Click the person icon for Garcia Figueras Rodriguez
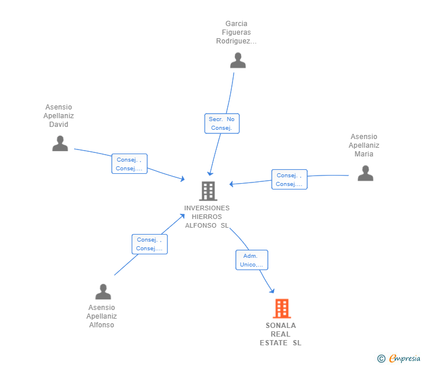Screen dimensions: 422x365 pos(238,60)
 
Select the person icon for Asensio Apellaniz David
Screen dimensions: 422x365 pos(60,143)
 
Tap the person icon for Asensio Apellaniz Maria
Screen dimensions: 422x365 pos(365,173)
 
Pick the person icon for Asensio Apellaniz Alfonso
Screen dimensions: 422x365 pos(103,291)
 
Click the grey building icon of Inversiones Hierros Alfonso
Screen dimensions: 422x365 pos(208,191)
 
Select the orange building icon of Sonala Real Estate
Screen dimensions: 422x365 pos(282,309)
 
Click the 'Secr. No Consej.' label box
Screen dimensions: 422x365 pos(222,123)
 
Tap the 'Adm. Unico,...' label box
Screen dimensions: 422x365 pos(252,260)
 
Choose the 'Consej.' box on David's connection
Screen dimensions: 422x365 pos(129,164)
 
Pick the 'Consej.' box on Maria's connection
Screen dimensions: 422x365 pos(289,180)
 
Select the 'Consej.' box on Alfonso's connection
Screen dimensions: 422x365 pos(150,244)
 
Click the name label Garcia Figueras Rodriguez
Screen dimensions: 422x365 pos(237,32)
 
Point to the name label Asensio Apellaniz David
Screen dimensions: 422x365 pos(59,116)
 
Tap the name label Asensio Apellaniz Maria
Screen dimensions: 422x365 pos(364,145)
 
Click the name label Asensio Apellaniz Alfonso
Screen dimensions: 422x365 pos(102,316)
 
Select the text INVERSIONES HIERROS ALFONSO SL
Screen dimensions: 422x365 pos(207,217)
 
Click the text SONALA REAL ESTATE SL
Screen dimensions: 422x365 pos(281,334)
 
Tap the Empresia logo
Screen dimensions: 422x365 pos(405,358)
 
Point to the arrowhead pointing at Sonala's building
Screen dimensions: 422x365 pos(272,290)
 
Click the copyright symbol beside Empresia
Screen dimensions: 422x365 pos(381,359)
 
